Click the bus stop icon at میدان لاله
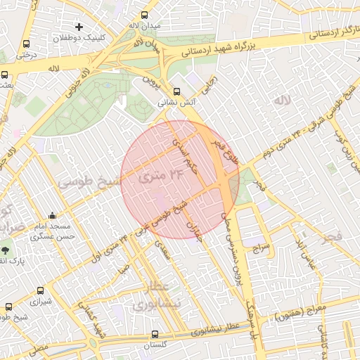pos(145,14)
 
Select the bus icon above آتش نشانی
pos(176,91)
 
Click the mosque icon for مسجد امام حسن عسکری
pos(53,216)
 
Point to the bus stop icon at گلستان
pos(155,335)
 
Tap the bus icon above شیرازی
pos(39,290)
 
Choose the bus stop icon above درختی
pos(27,43)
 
